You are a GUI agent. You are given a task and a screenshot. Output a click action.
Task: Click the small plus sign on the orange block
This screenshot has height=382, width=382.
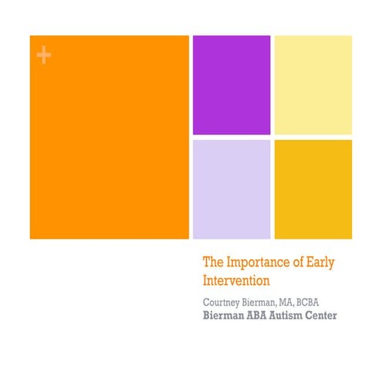coord(43,55)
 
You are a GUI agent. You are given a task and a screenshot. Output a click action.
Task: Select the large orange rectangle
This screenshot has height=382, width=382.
coord(109,137)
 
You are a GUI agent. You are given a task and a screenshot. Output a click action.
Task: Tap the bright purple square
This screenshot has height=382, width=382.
coord(231,85)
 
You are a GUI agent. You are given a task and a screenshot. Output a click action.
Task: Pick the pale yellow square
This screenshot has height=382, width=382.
coord(313,85)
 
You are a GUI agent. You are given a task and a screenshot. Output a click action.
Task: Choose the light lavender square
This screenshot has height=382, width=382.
coord(231,188)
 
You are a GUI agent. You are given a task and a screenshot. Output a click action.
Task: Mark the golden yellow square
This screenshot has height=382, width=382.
coord(313,188)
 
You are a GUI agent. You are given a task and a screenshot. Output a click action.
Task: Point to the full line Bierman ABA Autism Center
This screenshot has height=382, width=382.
coord(269,315)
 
